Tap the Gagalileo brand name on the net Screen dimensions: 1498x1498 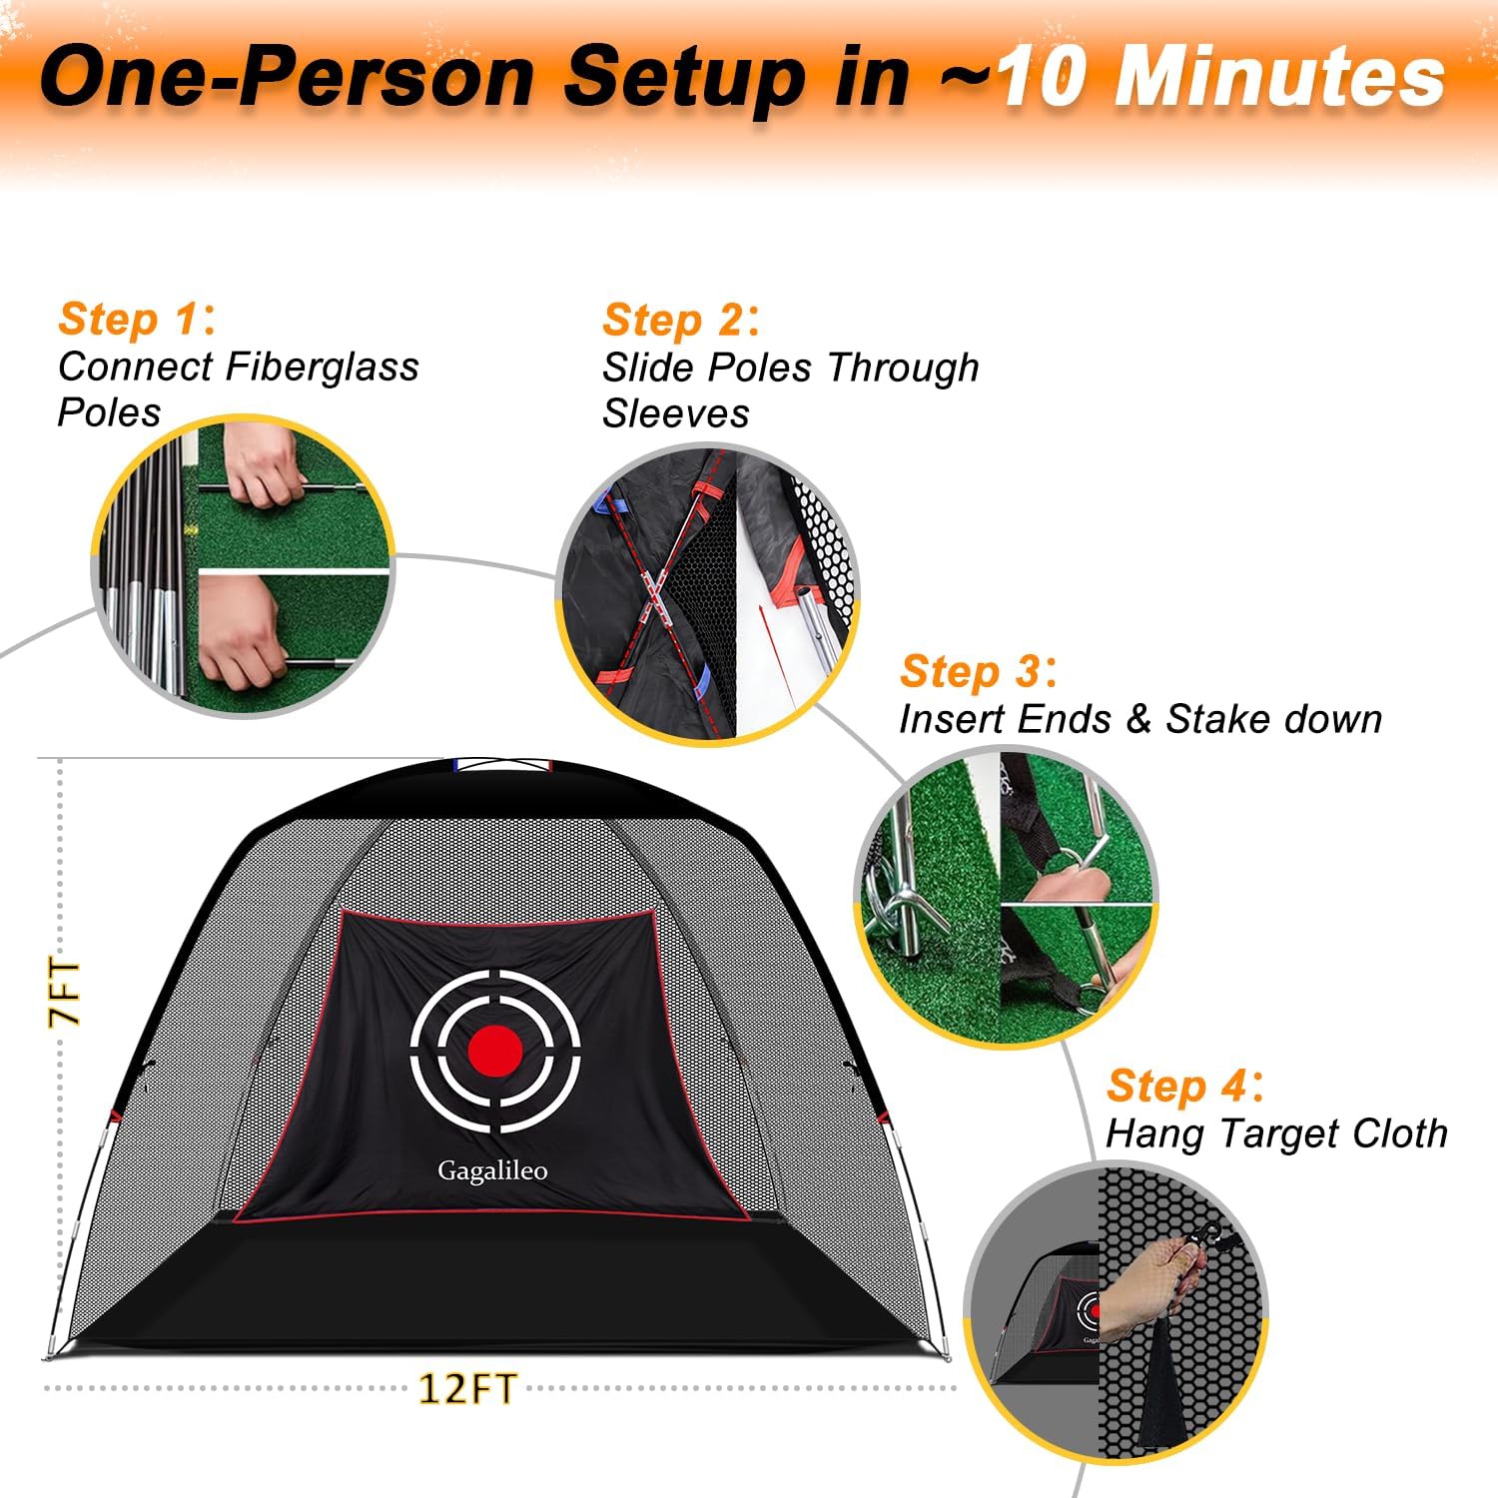[492, 1170]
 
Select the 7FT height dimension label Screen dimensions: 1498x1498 [64, 993]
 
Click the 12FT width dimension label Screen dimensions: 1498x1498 [466, 1389]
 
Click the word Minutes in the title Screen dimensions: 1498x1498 [1279, 78]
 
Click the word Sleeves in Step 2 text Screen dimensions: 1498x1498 [675, 413]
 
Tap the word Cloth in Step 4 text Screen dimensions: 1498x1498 [1398, 1133]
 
